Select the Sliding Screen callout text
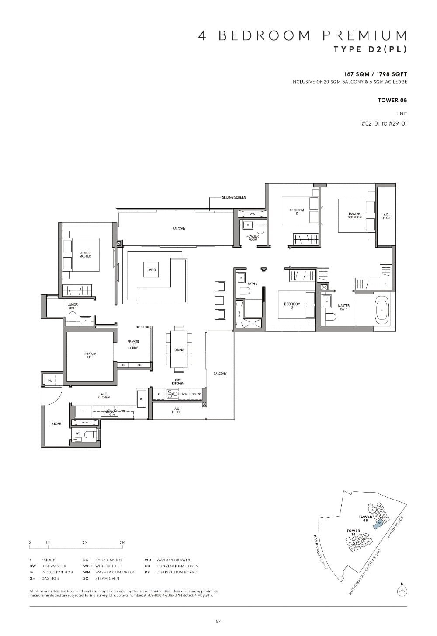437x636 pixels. coord(234,197)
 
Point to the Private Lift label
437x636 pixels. coord(90,355)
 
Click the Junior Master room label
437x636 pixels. coord(85,255)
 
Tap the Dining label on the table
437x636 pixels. coord(179,350)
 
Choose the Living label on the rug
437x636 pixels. coord(151,270)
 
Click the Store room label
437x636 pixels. coord(56,424)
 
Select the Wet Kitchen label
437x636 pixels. coord(104,396)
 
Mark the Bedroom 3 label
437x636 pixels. coord(292,306)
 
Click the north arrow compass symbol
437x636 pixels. coord(402,591)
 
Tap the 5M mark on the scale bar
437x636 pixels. coord(122,542)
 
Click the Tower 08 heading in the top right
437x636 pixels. coord(392,100)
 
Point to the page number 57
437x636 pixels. coord(218,621)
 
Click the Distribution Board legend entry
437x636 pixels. coord(171,572)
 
